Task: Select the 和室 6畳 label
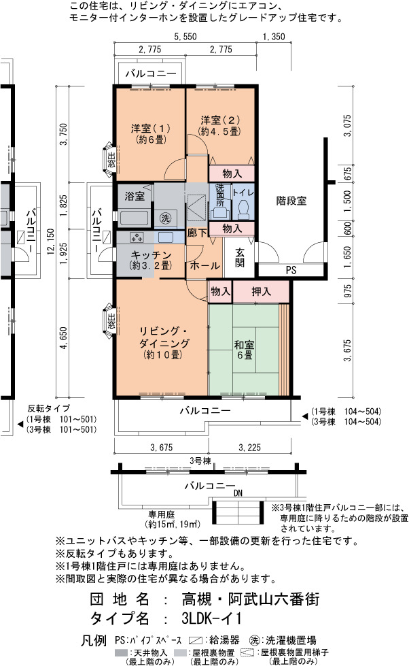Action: tap(245, 350)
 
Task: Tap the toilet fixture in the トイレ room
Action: tap(243, 209)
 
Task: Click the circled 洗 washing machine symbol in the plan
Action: tap(165, 218)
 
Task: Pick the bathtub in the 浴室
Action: tap(134, 218)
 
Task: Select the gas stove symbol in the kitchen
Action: tap(137, 237)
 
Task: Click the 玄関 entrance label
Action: tap(240, 257)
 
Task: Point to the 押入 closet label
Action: tap(261, 291)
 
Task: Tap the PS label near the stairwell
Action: tap(291, 270)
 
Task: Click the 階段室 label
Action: tap(291, 201)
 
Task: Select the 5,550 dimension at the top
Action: tap(185, 37)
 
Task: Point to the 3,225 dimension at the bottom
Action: tap(249, 447)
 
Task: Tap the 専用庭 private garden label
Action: tap(161, 514)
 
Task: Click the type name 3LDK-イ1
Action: tap(212, 618)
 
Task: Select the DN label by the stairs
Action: tap(238, 493)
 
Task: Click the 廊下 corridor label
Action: tap(197, 233)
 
